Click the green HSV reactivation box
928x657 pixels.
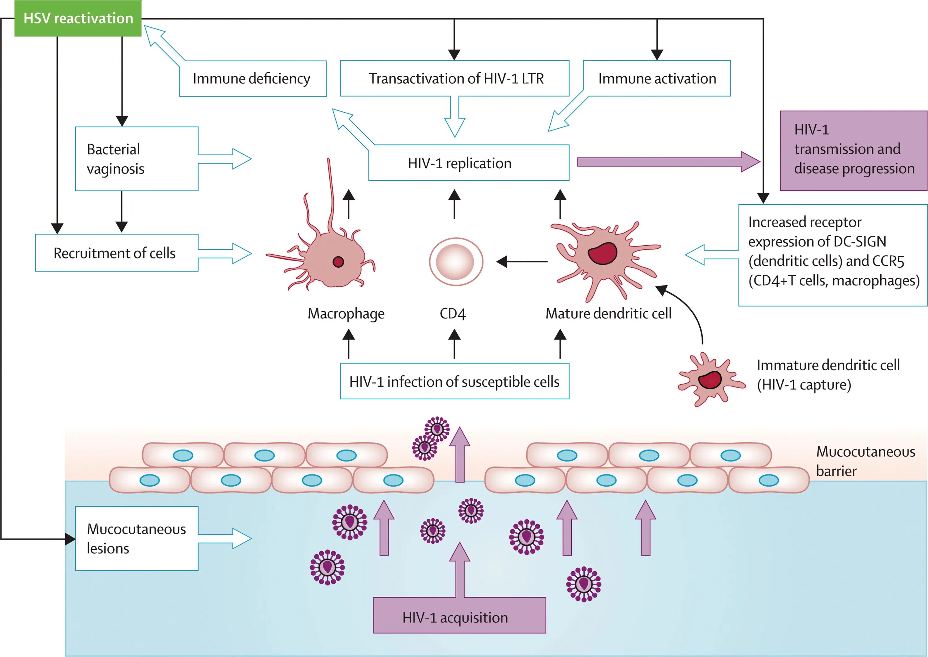tap(78, 19)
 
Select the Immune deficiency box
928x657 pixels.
tap(252, 79)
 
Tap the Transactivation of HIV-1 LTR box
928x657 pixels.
tap(455, 79)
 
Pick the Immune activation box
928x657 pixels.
tap(657, 79)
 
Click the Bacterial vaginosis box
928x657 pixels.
tap(136, 159)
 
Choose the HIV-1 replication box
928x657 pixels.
tap(468, 163)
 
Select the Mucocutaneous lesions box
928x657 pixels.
tap(136, 539)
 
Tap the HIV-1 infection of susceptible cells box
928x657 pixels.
tap(454, 381)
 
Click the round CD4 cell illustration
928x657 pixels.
tap(456, 262)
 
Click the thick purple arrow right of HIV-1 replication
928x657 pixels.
tap(668, 162)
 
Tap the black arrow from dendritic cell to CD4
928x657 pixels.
tap(522, 262)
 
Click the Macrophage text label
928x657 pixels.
tap(346, 314)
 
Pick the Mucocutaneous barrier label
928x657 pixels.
tap(865, 461)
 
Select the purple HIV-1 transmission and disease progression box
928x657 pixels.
tap(853, 151)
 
